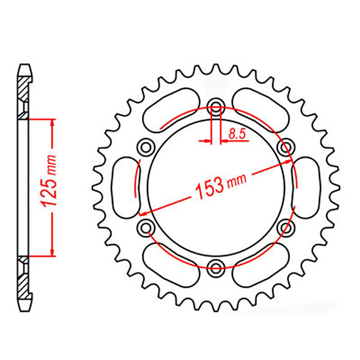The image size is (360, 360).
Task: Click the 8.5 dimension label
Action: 237,134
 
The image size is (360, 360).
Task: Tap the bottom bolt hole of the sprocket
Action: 216,266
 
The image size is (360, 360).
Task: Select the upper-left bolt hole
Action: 146,147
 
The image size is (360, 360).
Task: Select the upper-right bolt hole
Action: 285,147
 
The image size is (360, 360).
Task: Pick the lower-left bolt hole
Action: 146,227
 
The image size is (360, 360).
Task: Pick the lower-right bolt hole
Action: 285,227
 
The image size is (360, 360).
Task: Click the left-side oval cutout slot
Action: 127,187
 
